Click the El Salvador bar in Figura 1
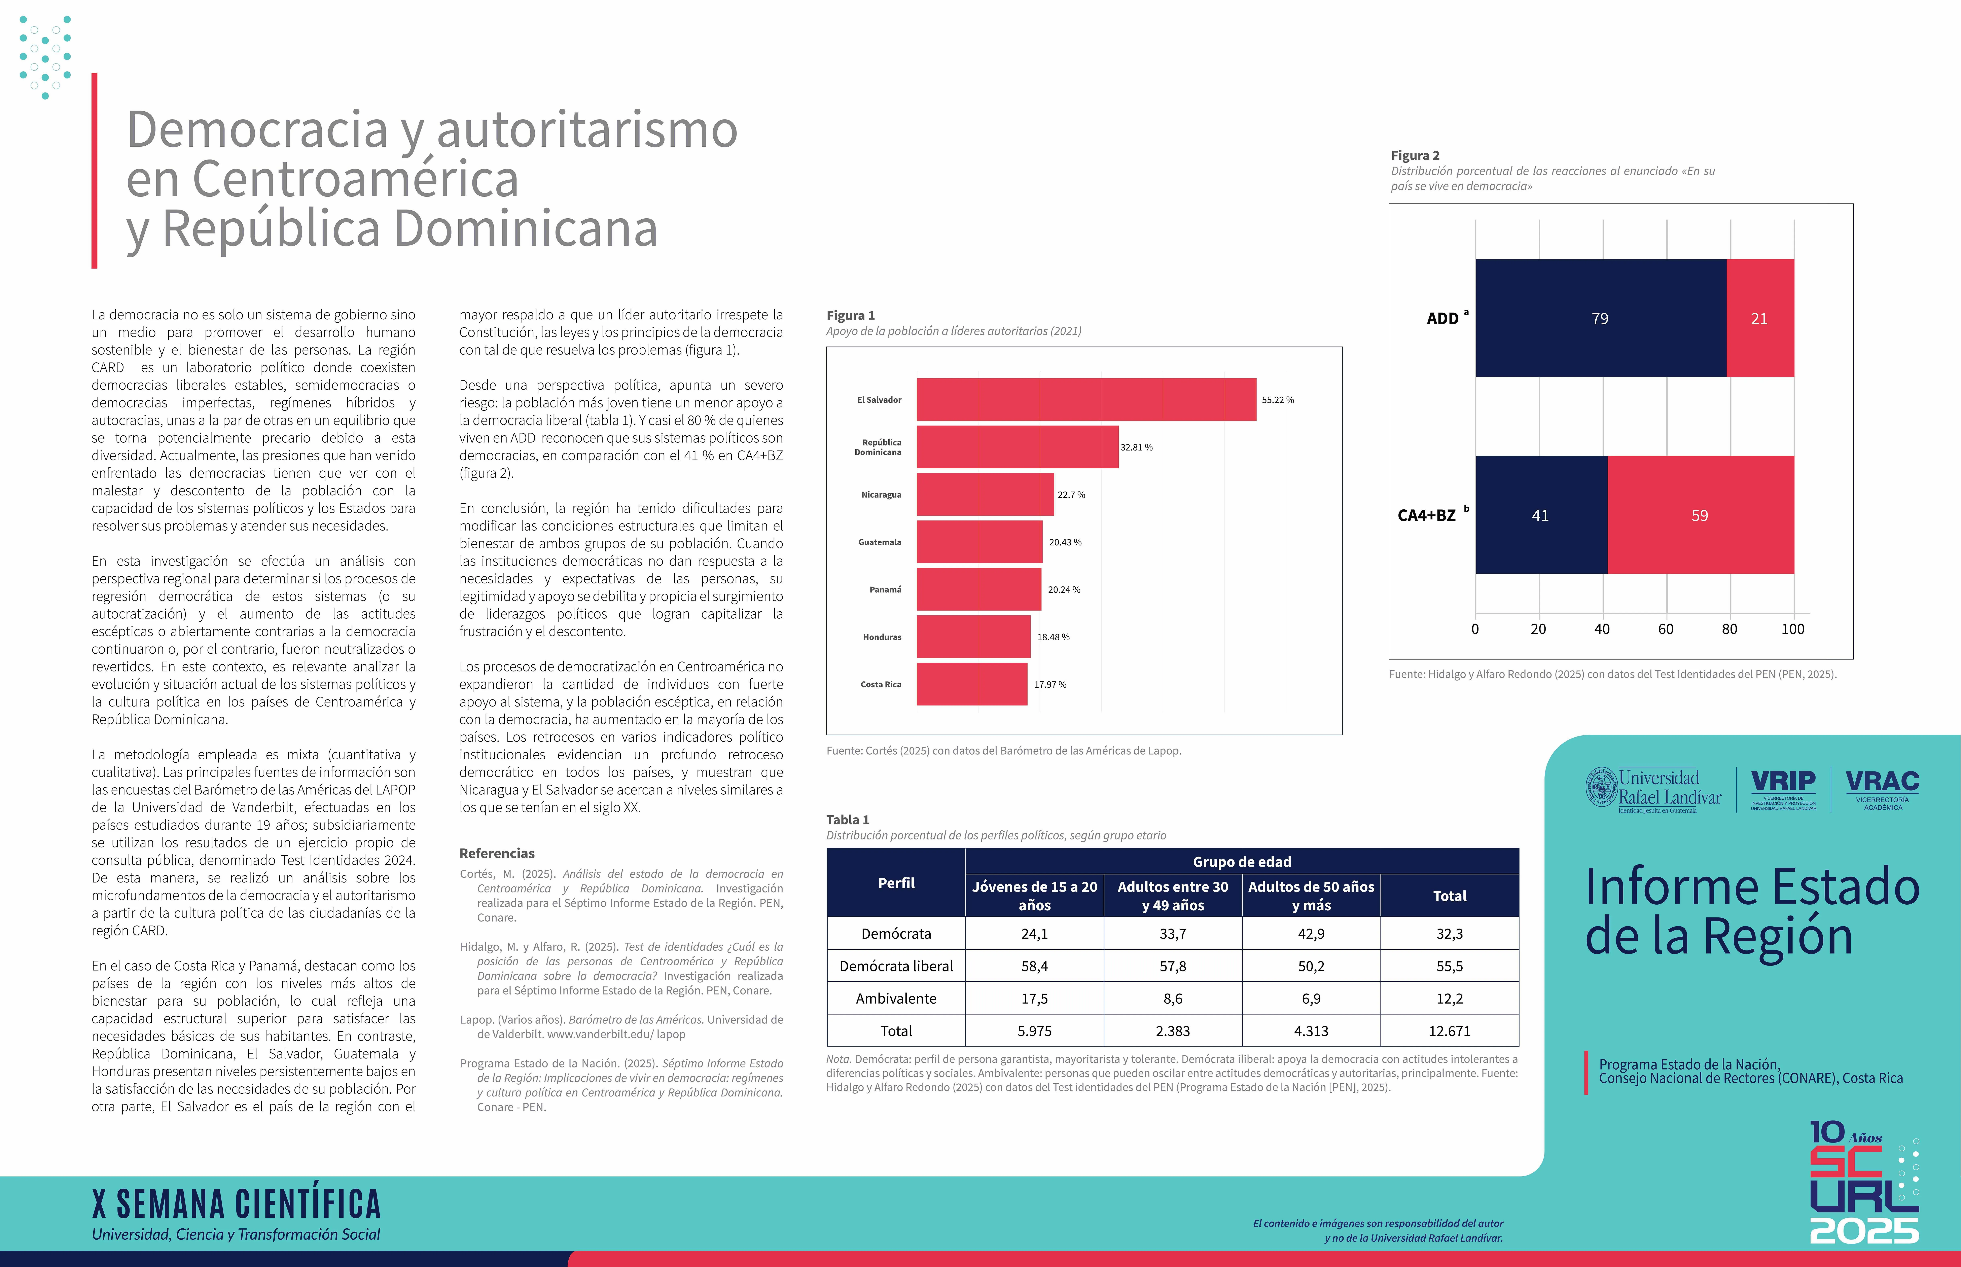point(1086,400)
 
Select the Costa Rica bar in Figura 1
point(971,685)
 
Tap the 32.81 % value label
point(1136,447)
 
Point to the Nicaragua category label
point(881,495)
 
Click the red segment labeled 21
point(1759,318)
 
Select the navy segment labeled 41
point(1541,515)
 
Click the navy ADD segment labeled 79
point(1600,318)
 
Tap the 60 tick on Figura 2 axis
point(1666,629)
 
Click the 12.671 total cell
point(1449,1031)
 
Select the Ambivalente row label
point(896,999)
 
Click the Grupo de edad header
point(1241,861)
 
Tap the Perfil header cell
point(896,883)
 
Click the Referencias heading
point(497,853)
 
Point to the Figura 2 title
point(1415,155)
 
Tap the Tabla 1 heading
point(847,820)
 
